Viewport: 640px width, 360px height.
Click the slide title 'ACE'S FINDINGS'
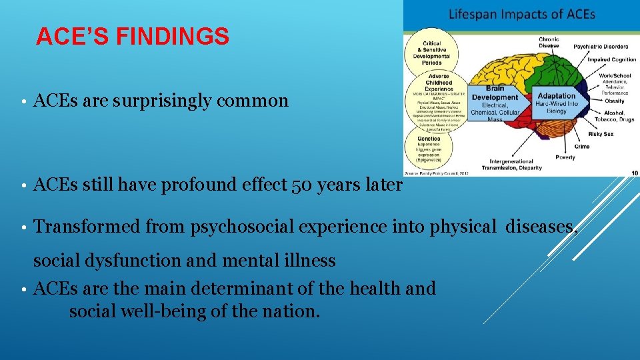[x=132, y=37]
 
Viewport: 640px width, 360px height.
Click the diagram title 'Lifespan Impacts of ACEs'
[x=522, y=14]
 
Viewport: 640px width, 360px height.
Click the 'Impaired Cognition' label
[x=611, y=59]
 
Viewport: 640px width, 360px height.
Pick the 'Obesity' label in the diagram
[x=614, y=101]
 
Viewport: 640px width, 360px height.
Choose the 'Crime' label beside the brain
[x=581, y=147]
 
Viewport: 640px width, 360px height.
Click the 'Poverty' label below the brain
[x=565, y=157]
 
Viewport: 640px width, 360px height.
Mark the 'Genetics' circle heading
[x=429, y=139]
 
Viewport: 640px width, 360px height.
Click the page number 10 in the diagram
[x=634, y=173]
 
